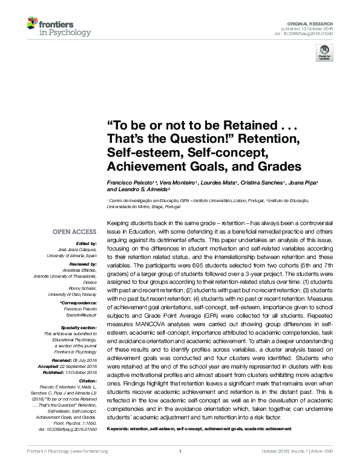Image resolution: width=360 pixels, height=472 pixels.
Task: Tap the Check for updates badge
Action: coord(326,53)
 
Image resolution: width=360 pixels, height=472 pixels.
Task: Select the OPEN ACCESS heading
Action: coord(74,232)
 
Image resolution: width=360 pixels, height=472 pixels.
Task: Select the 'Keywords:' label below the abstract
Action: coord(119,429)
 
